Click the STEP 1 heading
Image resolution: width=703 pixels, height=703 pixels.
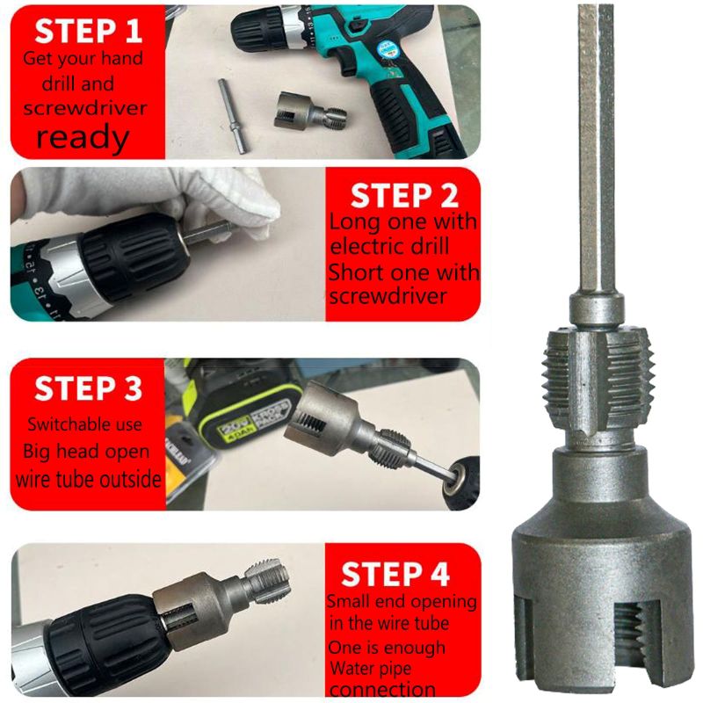click(88, 31)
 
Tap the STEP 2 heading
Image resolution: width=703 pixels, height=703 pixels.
click(403, 196)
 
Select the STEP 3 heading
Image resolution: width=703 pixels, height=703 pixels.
click(88, 388)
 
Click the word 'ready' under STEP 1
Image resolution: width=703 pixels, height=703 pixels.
click(83, 137)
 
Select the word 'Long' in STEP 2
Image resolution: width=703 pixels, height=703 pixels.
click(350, 221)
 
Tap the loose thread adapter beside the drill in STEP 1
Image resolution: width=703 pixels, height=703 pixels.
click(304, 112)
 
